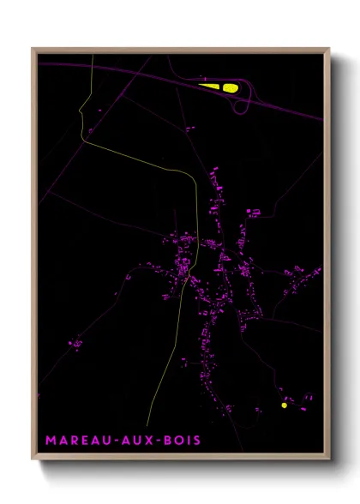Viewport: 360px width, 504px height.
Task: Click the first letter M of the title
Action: tap(51, 441)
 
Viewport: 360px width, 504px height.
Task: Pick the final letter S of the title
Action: tap(198, 441)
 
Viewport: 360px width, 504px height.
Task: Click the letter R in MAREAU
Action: tap(74, 441)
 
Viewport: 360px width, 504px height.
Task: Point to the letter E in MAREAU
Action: tap(84, 441)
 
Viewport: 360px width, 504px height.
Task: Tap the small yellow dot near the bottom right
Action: tap(285, 405)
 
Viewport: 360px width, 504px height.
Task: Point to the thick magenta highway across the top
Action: tap(129, 70)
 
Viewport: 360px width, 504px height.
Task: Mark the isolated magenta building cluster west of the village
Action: tap(75, 345)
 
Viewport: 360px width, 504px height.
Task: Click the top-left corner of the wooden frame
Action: tap(33, 49)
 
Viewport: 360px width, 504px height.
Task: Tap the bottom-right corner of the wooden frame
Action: tap(329, 461)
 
